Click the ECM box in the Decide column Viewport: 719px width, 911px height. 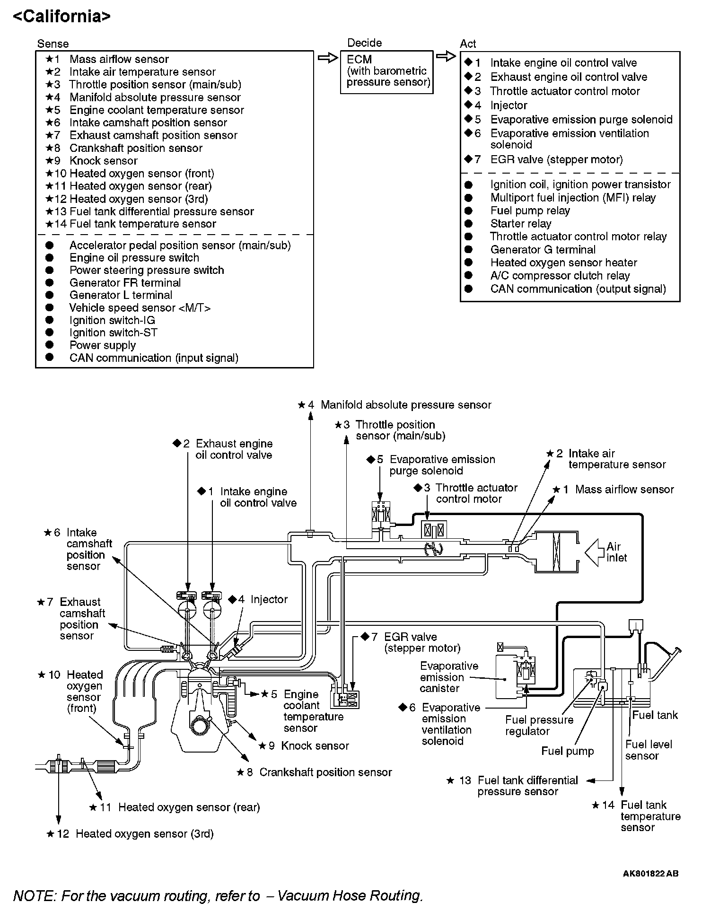point(386,71)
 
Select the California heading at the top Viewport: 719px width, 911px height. point(61,17)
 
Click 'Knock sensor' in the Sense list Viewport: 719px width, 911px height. point(103,161)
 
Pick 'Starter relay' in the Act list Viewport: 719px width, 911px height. point(520,224)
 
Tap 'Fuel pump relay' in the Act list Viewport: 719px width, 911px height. point(530,210)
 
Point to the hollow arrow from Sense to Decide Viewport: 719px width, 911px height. point(326,58)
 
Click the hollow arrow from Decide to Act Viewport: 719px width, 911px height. point(445,57)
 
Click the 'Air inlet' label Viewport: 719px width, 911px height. point(616,552)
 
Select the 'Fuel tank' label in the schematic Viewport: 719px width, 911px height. point(655,715)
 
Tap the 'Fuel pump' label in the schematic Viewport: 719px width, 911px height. point(567,751)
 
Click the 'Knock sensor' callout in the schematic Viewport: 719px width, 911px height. point(315,746)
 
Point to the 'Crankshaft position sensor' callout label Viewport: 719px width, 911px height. point(325,772)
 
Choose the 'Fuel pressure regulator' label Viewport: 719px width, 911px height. point(539,726)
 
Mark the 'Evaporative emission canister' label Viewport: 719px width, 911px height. point(449,677)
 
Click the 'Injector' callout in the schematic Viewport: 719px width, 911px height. point(269,599)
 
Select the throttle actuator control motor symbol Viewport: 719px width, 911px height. point(434,529)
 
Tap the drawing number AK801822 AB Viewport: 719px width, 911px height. point(650,874)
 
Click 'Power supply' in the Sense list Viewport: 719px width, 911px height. point(102,345)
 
